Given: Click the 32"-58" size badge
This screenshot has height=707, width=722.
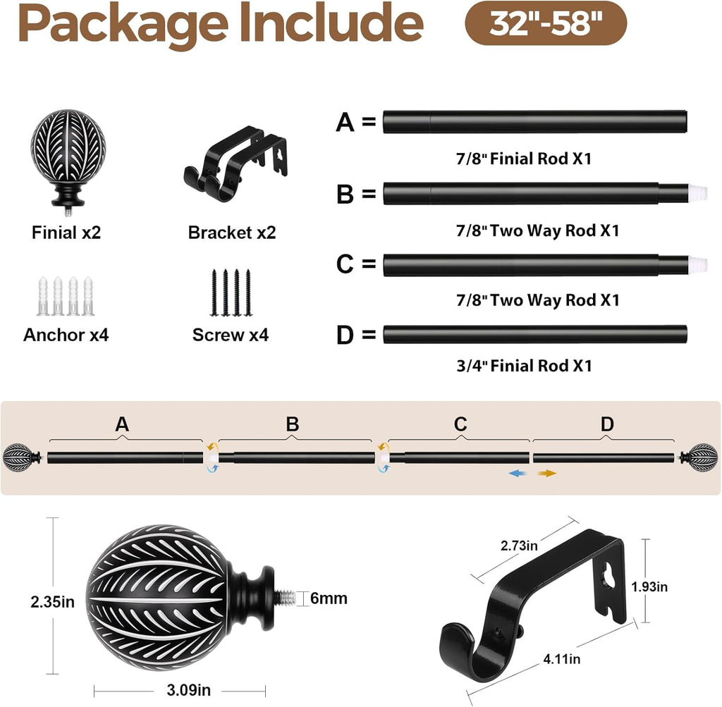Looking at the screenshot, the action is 546,23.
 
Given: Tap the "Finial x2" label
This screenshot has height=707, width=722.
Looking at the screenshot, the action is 66,233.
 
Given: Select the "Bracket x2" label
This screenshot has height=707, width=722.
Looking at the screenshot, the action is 231,233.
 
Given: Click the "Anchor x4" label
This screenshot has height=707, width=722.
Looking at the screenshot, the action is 66,335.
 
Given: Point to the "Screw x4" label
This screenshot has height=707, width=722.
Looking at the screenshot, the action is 231,335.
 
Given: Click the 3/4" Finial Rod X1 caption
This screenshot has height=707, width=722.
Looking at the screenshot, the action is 524,366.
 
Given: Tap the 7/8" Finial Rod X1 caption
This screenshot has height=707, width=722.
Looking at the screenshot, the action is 524,159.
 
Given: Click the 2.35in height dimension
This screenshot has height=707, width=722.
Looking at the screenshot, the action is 52,601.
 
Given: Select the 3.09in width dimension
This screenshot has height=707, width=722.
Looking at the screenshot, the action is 188,690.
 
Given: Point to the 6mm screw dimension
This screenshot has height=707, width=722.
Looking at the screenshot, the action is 329,598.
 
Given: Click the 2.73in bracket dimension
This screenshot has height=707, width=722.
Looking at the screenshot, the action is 519,546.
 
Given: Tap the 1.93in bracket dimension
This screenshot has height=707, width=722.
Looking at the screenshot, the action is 649,587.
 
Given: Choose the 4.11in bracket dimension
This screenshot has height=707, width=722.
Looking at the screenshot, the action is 562,659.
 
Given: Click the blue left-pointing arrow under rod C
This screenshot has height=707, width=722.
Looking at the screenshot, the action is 517,473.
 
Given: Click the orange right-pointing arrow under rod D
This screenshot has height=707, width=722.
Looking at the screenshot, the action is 547,473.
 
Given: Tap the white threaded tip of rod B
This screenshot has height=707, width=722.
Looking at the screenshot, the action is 698,193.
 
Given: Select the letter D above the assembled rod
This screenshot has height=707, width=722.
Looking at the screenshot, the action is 607,424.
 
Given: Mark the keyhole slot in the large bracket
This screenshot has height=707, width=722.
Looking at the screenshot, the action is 609,577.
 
